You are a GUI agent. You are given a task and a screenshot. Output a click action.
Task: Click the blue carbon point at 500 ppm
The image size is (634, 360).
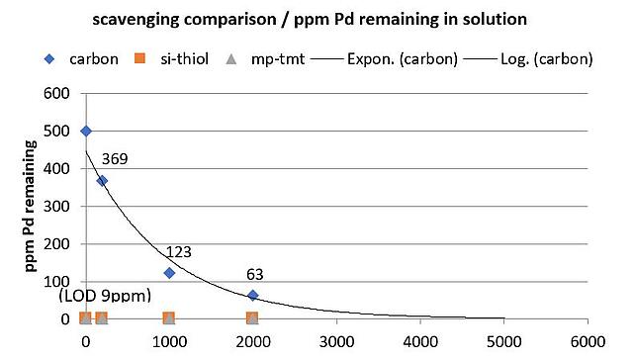86,131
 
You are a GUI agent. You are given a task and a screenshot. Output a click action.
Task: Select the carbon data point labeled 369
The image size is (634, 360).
102,181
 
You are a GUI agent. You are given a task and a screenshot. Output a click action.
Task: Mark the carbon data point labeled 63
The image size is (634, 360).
253,295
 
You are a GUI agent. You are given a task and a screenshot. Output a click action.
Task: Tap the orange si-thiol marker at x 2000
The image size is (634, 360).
252,317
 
